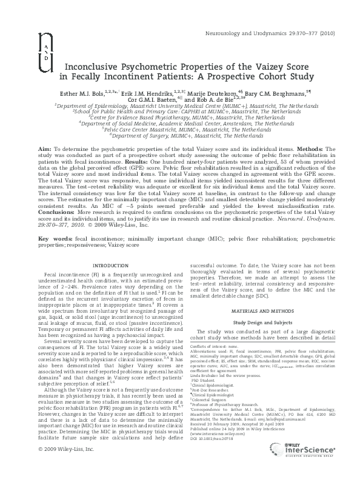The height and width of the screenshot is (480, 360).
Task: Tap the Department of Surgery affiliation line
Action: pos(180,138)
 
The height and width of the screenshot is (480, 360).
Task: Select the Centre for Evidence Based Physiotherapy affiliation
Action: pos(180,116)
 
